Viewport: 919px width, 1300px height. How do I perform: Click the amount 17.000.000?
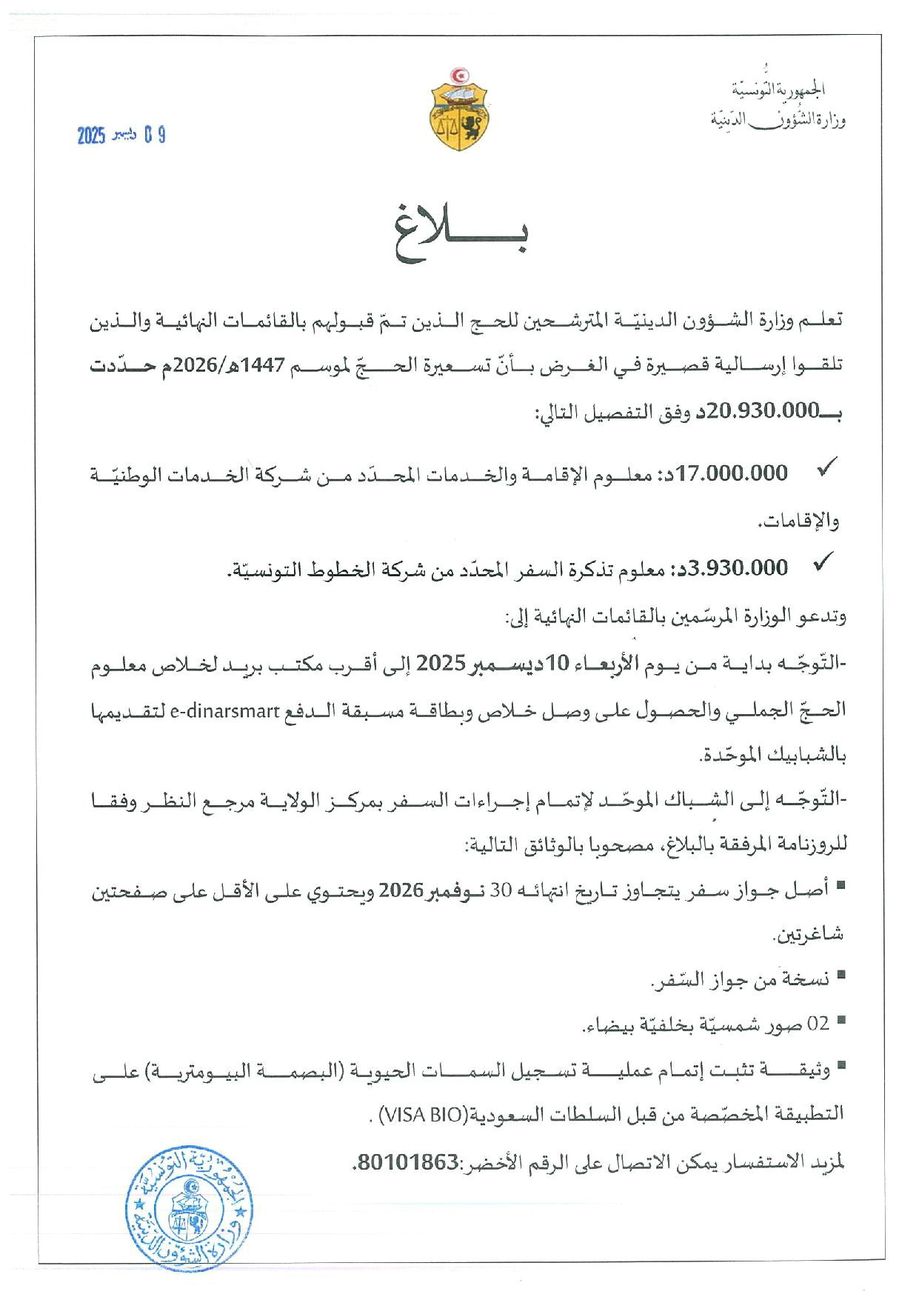tap(732, 473)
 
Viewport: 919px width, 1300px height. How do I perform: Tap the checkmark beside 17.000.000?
tap(825, 468)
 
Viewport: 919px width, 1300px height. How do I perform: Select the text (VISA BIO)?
tap(422, 1115)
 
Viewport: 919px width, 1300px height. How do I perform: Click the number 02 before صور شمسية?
tap(818, 1024)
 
